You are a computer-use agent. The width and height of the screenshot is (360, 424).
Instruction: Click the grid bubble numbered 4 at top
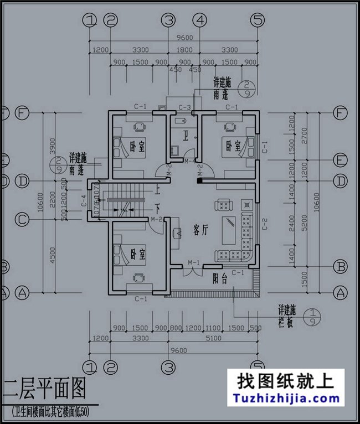point(200,20)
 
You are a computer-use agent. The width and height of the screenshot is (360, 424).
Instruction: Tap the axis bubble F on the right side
point(340,113)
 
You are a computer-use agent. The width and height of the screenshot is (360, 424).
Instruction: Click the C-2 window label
point(265,221)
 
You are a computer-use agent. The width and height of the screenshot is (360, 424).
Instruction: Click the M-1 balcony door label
point(193,262)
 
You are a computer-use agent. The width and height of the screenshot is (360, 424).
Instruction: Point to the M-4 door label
point(190,162)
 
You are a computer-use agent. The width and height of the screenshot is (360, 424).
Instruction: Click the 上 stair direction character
point(158,188)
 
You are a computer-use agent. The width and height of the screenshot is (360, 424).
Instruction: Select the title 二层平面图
point(45,390)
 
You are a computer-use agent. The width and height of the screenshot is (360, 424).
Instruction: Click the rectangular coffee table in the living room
point(228,231)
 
